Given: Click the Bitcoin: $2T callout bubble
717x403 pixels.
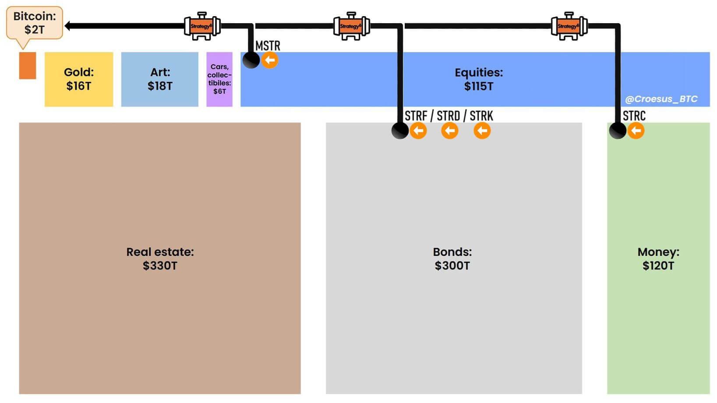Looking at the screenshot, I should (35, 23).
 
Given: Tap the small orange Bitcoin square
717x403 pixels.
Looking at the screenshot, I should (28, 66).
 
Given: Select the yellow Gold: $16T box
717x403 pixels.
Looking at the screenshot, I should (79, 79).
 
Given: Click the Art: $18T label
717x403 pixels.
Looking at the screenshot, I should (160, 79).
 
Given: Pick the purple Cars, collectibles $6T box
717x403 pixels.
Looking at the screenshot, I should (219, 79).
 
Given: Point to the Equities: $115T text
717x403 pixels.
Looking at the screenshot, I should (479, 79).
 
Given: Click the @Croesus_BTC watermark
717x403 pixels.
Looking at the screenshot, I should (661, 99).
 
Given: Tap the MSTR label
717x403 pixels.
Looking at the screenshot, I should (268, 46).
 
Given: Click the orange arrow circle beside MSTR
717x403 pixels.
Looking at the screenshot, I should (270, 60).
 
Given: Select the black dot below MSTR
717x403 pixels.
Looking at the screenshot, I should (251, 60).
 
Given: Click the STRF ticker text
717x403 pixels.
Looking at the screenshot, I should (416, 116).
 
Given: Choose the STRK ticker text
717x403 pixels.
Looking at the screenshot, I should (481, 116).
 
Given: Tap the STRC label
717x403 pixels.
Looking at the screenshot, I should (634, 116).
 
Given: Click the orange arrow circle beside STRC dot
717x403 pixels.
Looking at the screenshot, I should (636, 131).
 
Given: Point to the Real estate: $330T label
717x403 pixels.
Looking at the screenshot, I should (160, 258).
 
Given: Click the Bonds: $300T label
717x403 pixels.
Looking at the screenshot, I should (452, 258).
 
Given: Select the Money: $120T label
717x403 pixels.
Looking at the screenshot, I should (658, 258).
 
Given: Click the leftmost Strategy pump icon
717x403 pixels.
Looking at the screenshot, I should (202, 26).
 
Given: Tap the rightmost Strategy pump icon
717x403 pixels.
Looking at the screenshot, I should (569, 26).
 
